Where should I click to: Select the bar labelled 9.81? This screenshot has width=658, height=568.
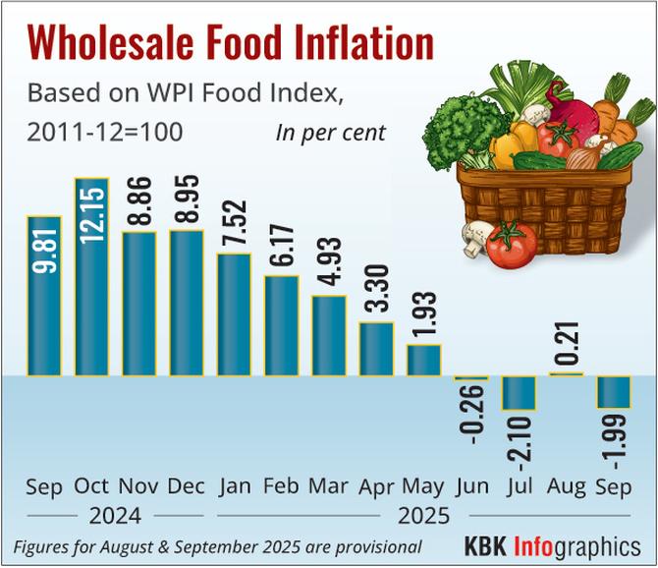pos(44,295)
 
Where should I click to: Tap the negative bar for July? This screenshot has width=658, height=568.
pos(519,393)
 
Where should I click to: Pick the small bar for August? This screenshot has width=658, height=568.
pos(567,373)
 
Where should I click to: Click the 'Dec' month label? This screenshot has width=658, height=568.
pos(187,485)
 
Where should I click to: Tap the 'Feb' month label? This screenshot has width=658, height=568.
pos(281,485)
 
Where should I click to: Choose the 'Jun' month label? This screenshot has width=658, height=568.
pos(472,485)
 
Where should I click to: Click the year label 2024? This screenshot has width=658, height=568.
pos(115,515)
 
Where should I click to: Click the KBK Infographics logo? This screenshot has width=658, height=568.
pos(552,545)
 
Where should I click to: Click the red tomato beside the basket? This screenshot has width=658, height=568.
pos(511,245)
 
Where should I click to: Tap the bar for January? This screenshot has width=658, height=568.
pos(234,314)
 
